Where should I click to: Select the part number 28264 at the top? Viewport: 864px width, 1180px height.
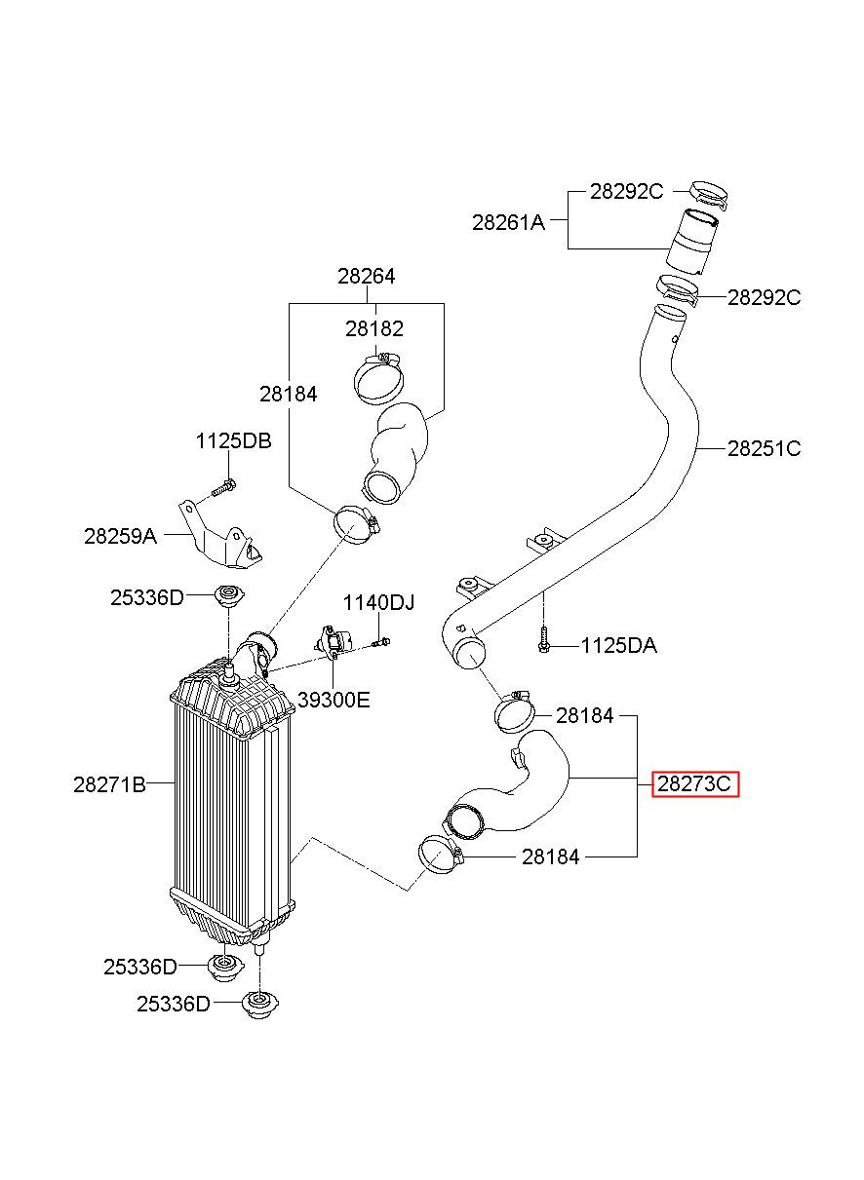[x=366, y=276]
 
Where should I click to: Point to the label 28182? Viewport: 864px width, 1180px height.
[x=374, y=328]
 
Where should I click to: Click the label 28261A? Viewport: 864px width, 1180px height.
[x=508, y=222]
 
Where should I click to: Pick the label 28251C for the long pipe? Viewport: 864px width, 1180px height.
[x=764, y=448]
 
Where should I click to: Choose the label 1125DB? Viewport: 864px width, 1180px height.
[x=233, y=441]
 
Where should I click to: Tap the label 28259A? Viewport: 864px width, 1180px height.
[x=120, y=536]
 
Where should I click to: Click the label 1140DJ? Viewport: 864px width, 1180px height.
[x=378, y=602]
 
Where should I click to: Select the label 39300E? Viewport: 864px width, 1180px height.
[x=334, y=700]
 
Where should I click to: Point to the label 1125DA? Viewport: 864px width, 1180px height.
[x=619, y=645]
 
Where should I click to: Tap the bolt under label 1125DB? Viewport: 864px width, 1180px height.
[x=223, y=487]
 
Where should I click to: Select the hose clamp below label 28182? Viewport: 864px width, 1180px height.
[x=378, y=378]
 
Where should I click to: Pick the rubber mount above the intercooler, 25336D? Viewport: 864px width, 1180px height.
[x=229, y=596]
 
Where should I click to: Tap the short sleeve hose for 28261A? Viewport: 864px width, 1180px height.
[x=692, y=242]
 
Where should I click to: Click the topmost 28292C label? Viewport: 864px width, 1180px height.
[x=626, y=191]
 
